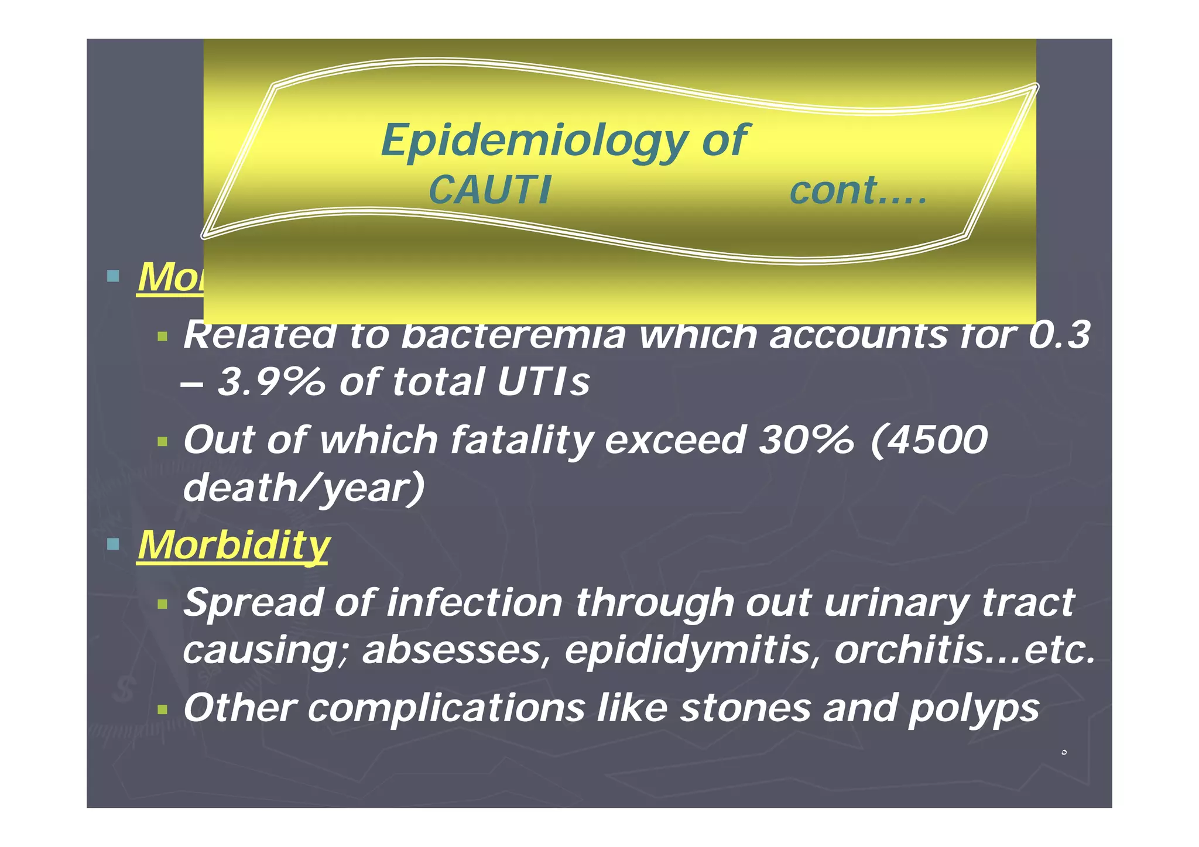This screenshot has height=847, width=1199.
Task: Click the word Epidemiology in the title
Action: (534, 140)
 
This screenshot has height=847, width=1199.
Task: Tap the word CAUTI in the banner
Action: (489, 190)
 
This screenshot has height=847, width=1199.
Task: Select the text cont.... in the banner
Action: (858, 190)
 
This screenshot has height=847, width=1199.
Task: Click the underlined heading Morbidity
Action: (233, 545)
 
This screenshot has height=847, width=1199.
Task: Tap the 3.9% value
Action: (270, 382)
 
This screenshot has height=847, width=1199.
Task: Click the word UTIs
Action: (543, 382)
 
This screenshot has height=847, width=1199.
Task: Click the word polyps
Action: (973, 708)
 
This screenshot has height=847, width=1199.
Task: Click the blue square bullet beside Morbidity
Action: (114, 545)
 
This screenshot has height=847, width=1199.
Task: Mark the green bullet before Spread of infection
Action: (162, 603)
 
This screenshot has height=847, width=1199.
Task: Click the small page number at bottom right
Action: (1064, 752)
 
